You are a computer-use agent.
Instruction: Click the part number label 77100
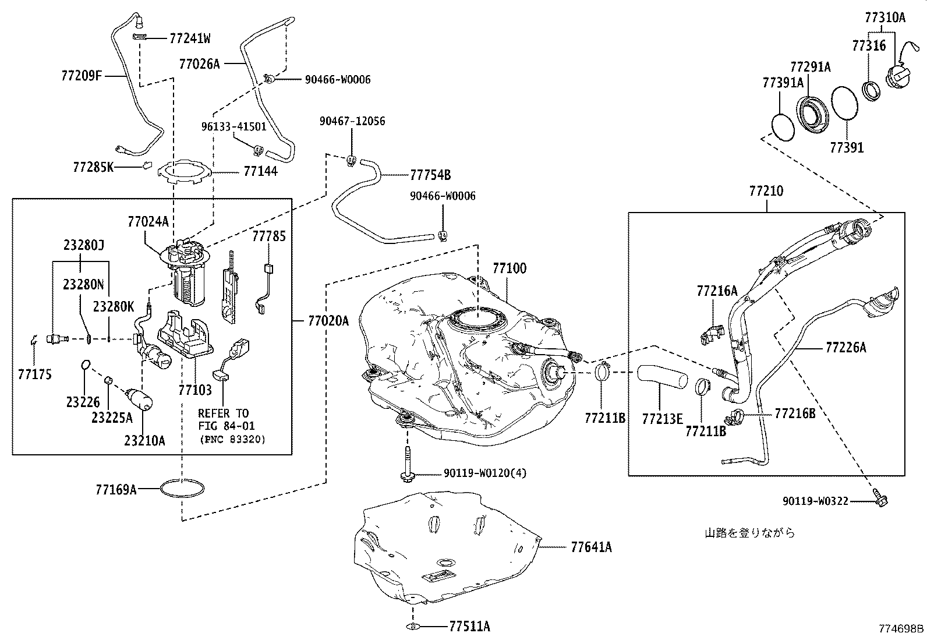509,268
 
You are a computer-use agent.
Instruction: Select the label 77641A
591,547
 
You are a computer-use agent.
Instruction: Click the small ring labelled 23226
84,365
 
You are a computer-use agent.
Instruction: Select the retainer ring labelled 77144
184,171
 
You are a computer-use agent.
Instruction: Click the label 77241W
190,39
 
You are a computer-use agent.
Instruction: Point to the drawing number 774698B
901,629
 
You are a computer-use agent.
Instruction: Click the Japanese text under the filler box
749,532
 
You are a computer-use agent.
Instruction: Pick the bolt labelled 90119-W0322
880,498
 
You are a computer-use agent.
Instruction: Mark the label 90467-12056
352,121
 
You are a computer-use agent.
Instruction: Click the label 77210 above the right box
766,190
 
